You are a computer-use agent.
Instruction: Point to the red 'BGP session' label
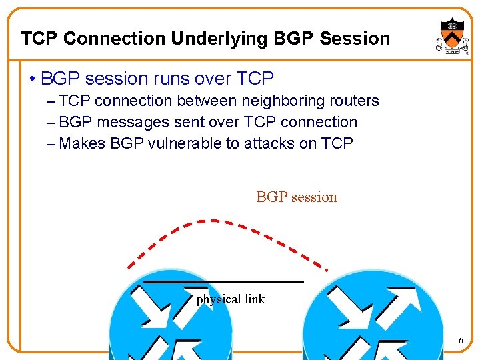297,197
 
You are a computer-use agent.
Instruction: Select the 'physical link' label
230,299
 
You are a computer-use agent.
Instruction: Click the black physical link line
223,282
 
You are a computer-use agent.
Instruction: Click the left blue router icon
171,320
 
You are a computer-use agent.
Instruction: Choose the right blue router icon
363,320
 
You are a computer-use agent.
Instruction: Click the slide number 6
460,341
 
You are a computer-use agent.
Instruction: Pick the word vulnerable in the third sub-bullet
189,143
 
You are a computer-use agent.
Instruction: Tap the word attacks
272,143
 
